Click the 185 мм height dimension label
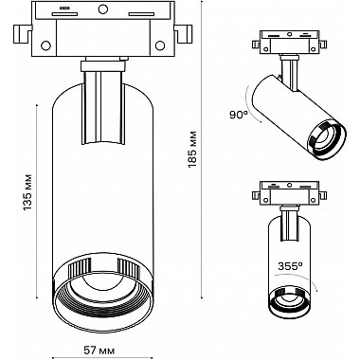pyautogui.click(x=193, y=149)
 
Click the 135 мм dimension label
pyautogui.click(x=27, y=192)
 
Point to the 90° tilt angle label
pyautogui.click(x=239, y=115)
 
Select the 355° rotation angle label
pyautogui.click(x=290, y=266)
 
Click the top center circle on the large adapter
pyautogui.click(x=102, y=9)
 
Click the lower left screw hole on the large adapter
pyautogui.click(x=46, y=45)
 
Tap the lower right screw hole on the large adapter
pyautogui.click(x=160, y=45)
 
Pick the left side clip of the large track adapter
pyautogui.click(x=23, y=33)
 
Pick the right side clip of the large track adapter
pyautogui.click(x=183, y=33)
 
